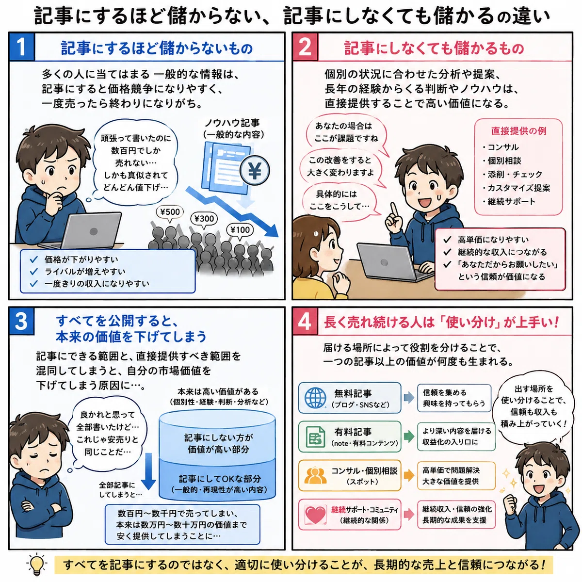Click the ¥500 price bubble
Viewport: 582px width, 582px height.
[170, 212]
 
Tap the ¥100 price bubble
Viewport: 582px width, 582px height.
[240, 230]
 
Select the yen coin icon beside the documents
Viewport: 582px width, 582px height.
[255, 171]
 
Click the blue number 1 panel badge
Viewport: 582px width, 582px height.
[22, 47]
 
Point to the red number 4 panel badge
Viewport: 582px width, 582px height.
[305, 322]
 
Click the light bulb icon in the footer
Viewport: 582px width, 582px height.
[36, 564]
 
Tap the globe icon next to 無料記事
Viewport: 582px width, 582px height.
[315, 398]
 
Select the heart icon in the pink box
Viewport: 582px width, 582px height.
[316, 515]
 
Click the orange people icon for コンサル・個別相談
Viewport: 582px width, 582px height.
[315, 476]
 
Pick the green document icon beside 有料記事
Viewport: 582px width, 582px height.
[315, 437]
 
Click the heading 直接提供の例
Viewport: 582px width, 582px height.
[518, 131]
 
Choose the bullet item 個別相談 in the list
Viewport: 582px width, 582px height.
[502, 161]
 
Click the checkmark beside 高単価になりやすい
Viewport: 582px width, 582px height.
[447, 240]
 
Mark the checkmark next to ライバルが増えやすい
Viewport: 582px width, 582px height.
[34, 272]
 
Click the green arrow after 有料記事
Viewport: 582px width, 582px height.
[409, 436]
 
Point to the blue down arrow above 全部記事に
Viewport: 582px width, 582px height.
[148, 471]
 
